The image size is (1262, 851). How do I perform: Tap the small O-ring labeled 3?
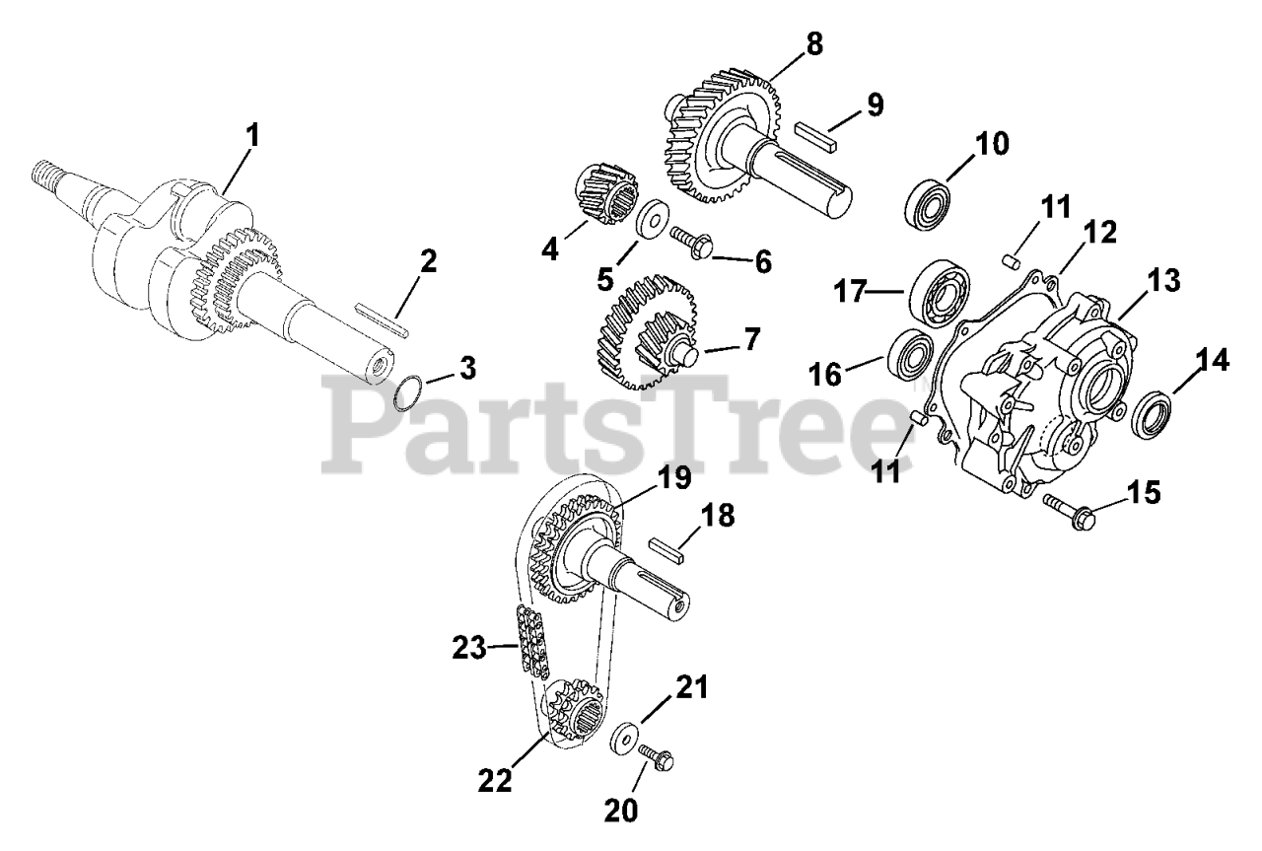pyautogui.click(x=409, y=396)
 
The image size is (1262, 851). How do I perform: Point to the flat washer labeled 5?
pyautogui.click(x=651, y=220)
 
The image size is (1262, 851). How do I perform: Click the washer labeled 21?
pyautogui.click(x=623, y=739)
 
